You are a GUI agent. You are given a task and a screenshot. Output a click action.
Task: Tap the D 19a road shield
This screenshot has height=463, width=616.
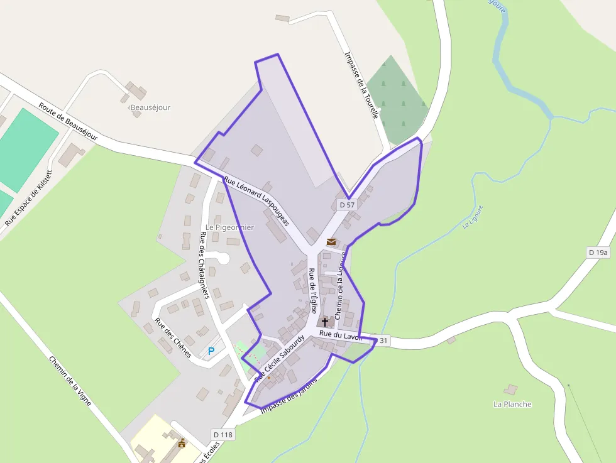(598, 253)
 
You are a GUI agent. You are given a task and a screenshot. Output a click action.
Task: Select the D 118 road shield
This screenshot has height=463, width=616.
(223, 434)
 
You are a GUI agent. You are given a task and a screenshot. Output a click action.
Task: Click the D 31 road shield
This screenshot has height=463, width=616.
(383, 340)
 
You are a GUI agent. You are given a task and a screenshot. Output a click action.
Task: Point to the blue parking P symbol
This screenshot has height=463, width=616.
(211, 351)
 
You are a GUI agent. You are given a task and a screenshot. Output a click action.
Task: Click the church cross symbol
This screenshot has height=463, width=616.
(324, 322)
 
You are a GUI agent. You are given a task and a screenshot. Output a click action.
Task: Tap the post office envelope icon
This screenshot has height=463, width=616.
(331, 241)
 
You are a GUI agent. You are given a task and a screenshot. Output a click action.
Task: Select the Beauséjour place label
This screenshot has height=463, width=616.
(150, 107)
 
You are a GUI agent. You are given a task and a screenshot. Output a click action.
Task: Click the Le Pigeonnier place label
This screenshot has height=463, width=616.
(229, 227)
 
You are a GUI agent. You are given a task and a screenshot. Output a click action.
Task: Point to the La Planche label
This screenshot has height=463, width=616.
(512, 404)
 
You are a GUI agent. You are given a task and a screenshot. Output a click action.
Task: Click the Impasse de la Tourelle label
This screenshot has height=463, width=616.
(361, 85)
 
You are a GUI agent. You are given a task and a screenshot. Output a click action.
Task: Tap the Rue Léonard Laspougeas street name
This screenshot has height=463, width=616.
(256, 201)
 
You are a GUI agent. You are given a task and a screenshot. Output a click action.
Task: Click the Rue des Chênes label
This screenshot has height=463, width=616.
(173, 339)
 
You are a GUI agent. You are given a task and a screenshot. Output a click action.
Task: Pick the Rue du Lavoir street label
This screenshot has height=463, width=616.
(341, 336)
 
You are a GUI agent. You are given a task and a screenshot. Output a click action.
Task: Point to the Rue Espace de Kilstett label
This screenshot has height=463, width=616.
(29, 197)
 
